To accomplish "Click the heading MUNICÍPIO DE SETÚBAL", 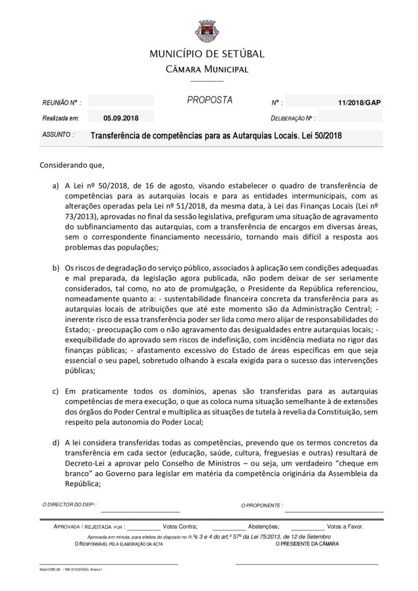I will [207, 54].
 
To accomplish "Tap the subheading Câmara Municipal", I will [207, 70].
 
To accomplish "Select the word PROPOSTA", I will [210, 100].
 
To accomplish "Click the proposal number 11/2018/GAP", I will [360, 103].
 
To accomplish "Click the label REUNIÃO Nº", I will [61, 103].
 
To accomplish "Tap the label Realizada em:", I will [60, 118].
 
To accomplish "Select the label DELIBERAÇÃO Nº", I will [293, 118].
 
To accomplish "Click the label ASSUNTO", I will [58, 134].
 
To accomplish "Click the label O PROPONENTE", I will [262, 506].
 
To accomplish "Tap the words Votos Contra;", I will [180, 526].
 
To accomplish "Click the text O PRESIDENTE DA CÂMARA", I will [307, 544].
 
